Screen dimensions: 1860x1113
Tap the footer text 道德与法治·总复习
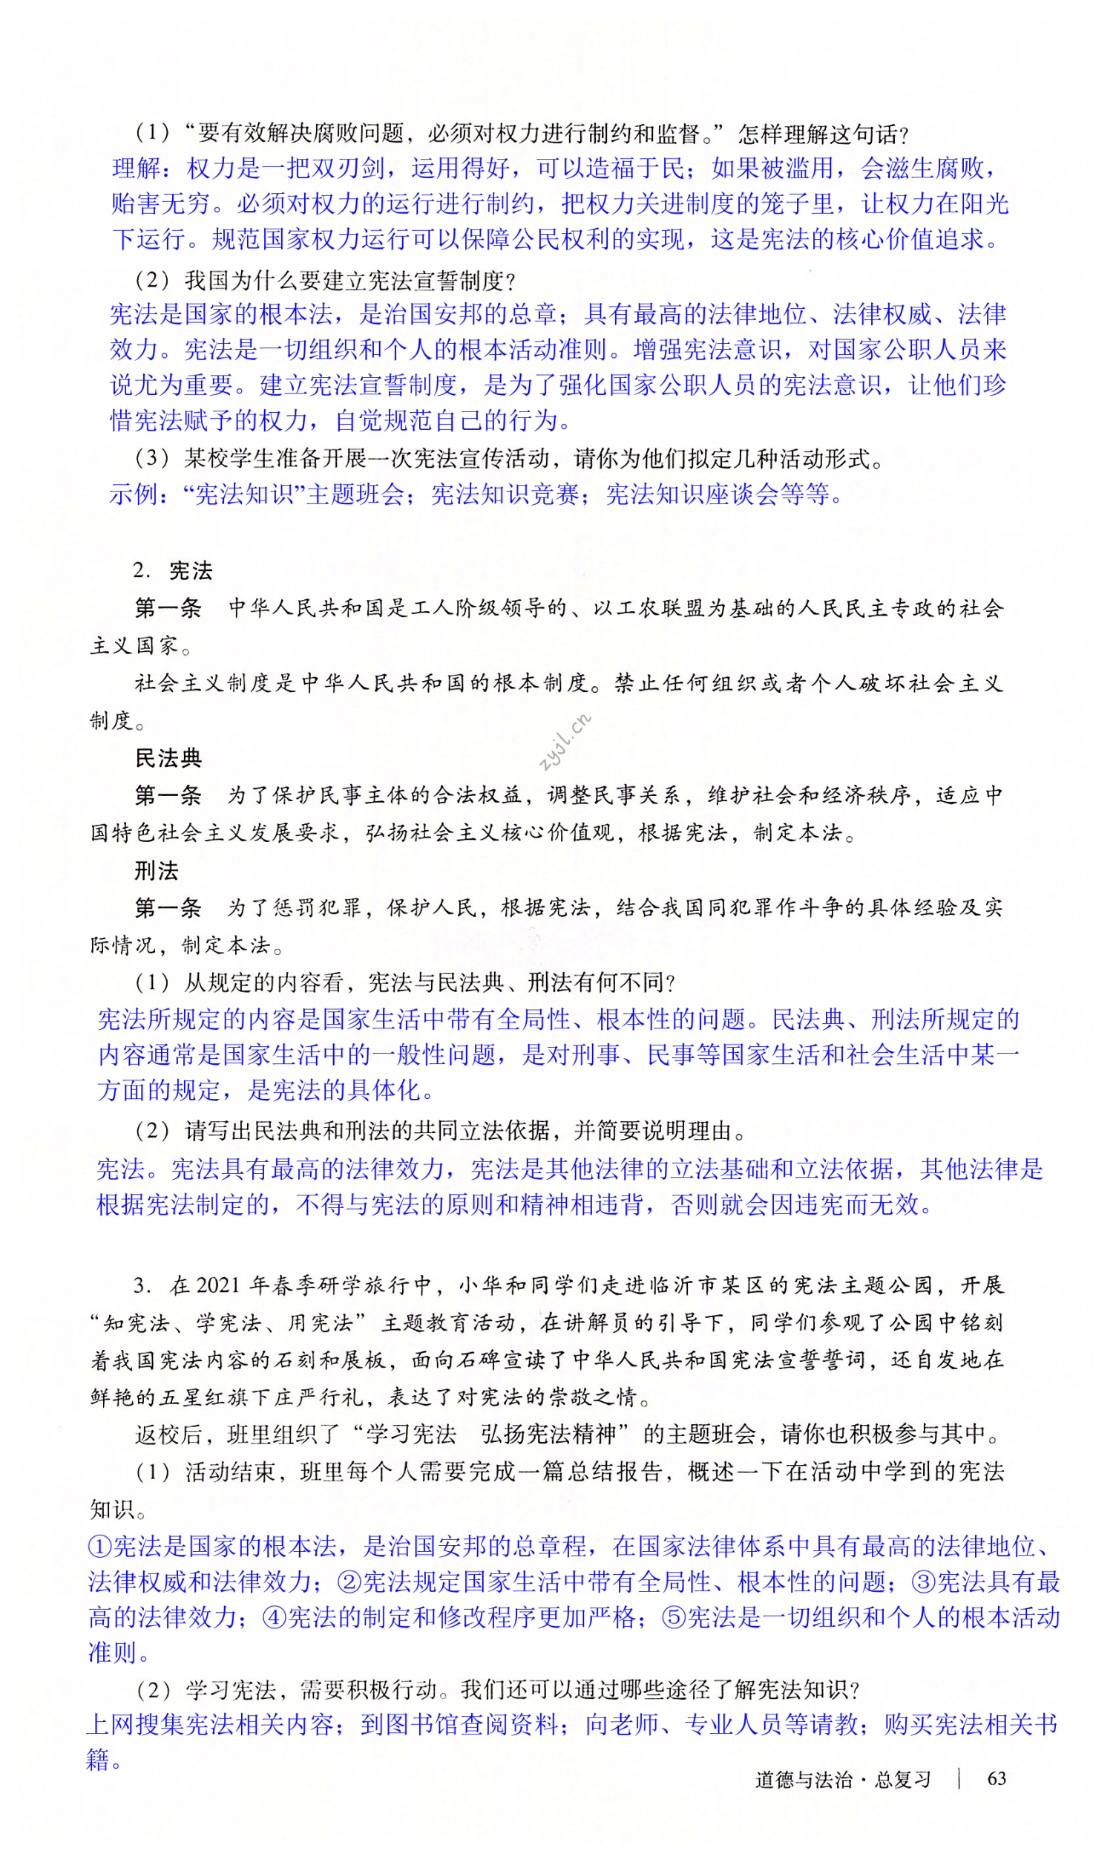842,1779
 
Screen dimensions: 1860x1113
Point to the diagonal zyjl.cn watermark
565,742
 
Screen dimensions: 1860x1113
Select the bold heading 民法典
168,759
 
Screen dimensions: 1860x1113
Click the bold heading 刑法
157,870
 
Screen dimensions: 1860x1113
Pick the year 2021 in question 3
217,1285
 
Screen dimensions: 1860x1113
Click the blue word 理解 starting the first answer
137,168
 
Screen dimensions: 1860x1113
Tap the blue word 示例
134,494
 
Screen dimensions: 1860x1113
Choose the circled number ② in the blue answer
350,1582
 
